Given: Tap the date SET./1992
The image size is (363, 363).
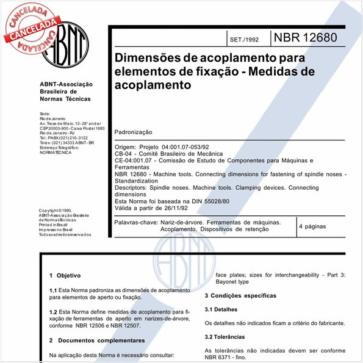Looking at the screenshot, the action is (245, 40).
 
